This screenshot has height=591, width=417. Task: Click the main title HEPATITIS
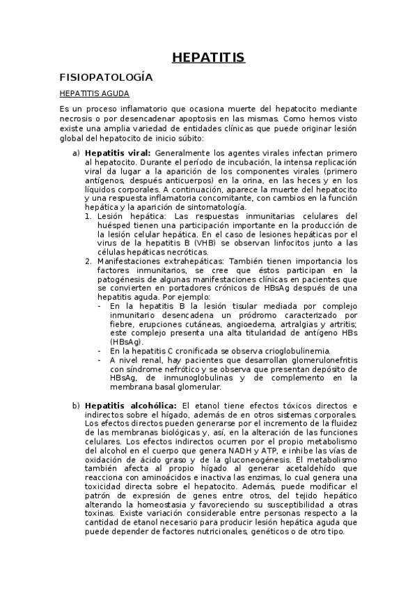(208, 57)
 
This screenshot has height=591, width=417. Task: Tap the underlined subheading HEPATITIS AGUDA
(94, 93)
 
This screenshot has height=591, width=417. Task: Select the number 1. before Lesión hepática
(88, 216)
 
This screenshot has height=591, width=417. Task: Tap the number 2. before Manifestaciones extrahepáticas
(88, 261)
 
